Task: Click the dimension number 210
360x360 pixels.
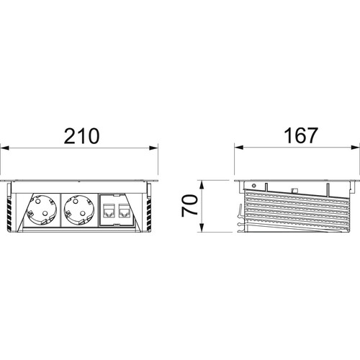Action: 81,136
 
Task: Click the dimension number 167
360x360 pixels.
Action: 301,135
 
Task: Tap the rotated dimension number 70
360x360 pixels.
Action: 189,206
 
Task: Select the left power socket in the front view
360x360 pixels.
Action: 42,210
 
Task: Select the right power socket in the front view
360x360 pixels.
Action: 79,210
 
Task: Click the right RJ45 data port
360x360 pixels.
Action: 125,211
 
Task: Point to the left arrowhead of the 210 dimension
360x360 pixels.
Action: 5,148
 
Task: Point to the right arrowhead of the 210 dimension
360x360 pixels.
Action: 153,148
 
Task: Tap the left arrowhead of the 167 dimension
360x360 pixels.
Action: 239,148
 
